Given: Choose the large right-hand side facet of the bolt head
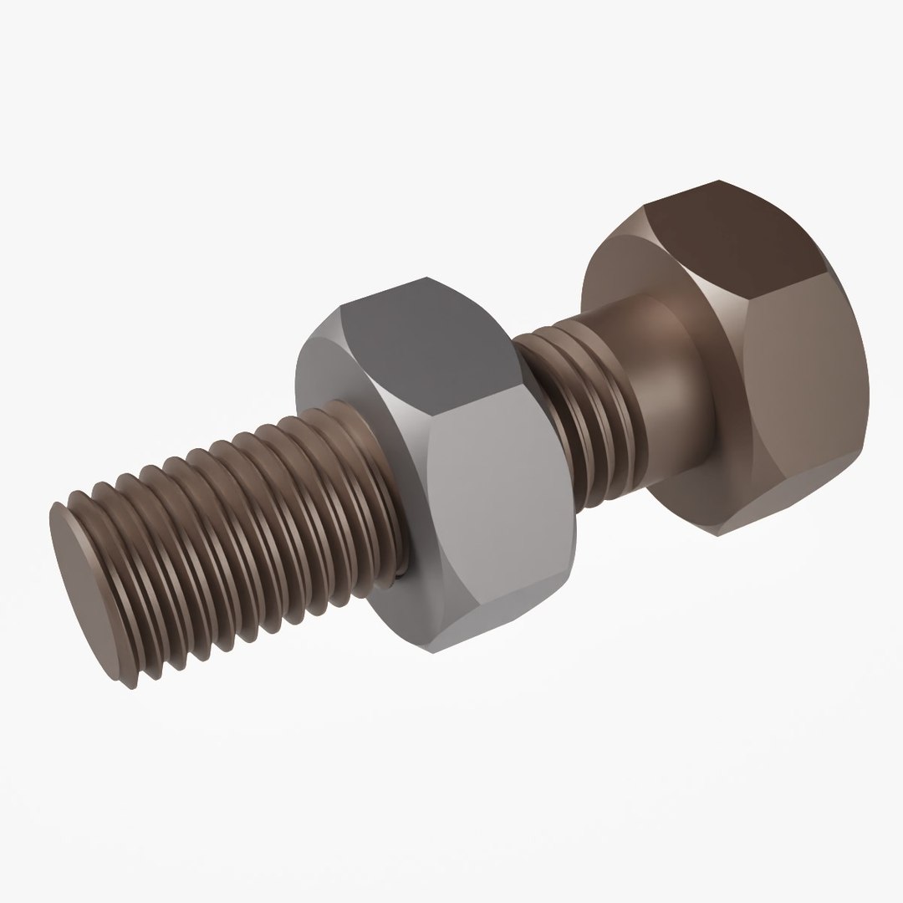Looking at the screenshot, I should click(x=803, y=393).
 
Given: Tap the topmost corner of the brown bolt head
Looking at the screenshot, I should click(x=717, y=181).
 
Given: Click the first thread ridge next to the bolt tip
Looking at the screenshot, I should click(x=105, y=577).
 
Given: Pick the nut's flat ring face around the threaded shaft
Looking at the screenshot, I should click(x=334, y=376).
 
